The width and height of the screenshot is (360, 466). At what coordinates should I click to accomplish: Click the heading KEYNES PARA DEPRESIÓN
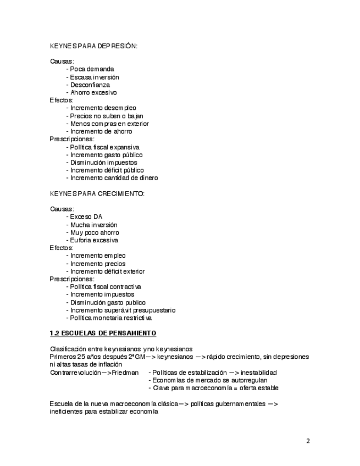point(93,46)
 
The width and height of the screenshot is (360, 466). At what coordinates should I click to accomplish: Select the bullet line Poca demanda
point(92,69)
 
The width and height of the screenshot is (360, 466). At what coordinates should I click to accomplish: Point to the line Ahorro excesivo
point(93,93)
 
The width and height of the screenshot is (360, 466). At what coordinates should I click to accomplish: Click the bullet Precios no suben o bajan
point(106,116)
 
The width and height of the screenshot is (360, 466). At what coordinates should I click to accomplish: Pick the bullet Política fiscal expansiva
point(104,147)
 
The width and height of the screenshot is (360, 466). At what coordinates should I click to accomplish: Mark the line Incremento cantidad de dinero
point(113,178)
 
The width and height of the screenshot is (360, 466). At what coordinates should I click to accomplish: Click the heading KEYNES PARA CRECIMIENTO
point(97,194)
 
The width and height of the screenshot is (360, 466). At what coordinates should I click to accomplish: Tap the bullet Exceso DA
point(86,217)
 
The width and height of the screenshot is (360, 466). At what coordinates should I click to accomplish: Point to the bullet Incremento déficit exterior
point(107,271)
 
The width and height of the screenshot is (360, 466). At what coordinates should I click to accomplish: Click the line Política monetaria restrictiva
point(110,318)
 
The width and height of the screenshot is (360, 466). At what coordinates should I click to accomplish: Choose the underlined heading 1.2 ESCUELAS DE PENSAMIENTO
point(103,334)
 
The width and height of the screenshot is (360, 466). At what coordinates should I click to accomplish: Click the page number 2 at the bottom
point(308,441)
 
